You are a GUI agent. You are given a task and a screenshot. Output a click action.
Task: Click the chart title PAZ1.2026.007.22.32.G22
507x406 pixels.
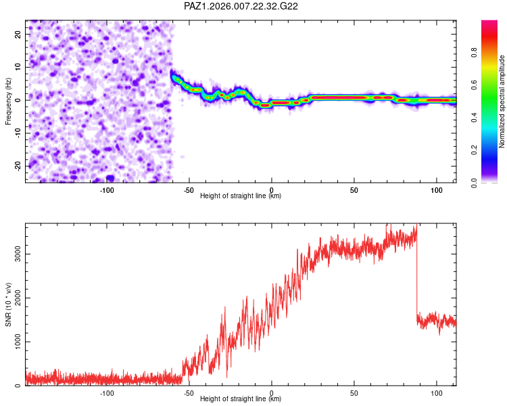click(x=241, y=6)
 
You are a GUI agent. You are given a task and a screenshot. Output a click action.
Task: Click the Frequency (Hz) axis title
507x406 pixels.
click(x=8, y=101)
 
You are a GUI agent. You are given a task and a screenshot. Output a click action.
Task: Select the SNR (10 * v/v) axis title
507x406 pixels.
click(x=8, y=305)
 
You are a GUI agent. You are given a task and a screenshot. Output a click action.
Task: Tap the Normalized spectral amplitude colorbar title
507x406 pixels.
click(x=502, y=101)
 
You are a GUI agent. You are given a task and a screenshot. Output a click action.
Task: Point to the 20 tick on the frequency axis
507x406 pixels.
click(x=19, y=34)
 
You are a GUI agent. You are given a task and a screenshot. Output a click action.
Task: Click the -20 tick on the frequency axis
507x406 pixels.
click(x=18, y=166)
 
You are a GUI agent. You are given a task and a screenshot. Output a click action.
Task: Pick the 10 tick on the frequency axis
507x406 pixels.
click(x=19, y=67)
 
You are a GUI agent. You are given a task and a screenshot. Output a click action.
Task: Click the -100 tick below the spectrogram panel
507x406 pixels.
click(x=107, y=189)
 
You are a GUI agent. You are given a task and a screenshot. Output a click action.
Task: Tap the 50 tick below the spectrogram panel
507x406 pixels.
click(x=354, y=189)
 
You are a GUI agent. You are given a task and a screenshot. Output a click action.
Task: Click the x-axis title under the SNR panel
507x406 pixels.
click(x=241, y=399)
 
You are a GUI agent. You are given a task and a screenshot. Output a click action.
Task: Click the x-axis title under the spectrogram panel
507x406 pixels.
click(x=241, y=196)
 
